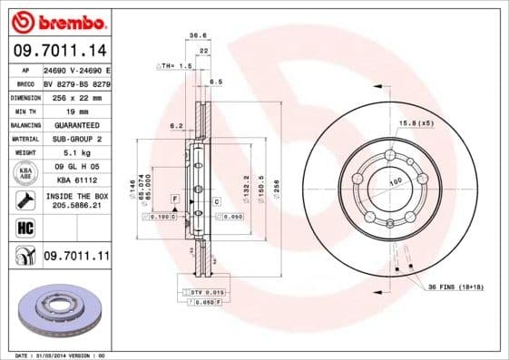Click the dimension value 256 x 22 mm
[76, 95]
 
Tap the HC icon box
[24, 227]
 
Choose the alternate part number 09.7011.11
[76, 258]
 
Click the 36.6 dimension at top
[194, 35]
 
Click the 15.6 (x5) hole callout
[415, 122]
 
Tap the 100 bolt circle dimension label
[396, 181]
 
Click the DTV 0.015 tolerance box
[202, 291]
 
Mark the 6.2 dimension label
[177, 126]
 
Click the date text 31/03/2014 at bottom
[58, 355]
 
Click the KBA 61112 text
[76, 180]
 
